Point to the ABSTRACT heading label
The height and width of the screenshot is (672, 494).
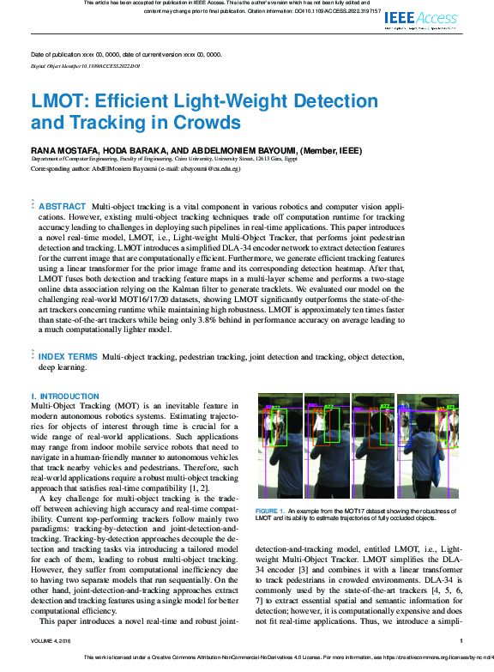(x=63, y=183)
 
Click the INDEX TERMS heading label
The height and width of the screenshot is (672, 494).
(x=68, y=356)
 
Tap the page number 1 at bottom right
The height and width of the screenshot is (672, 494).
(x=461, y=640)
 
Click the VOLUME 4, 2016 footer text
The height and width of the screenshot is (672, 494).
(x=54, y=640)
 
